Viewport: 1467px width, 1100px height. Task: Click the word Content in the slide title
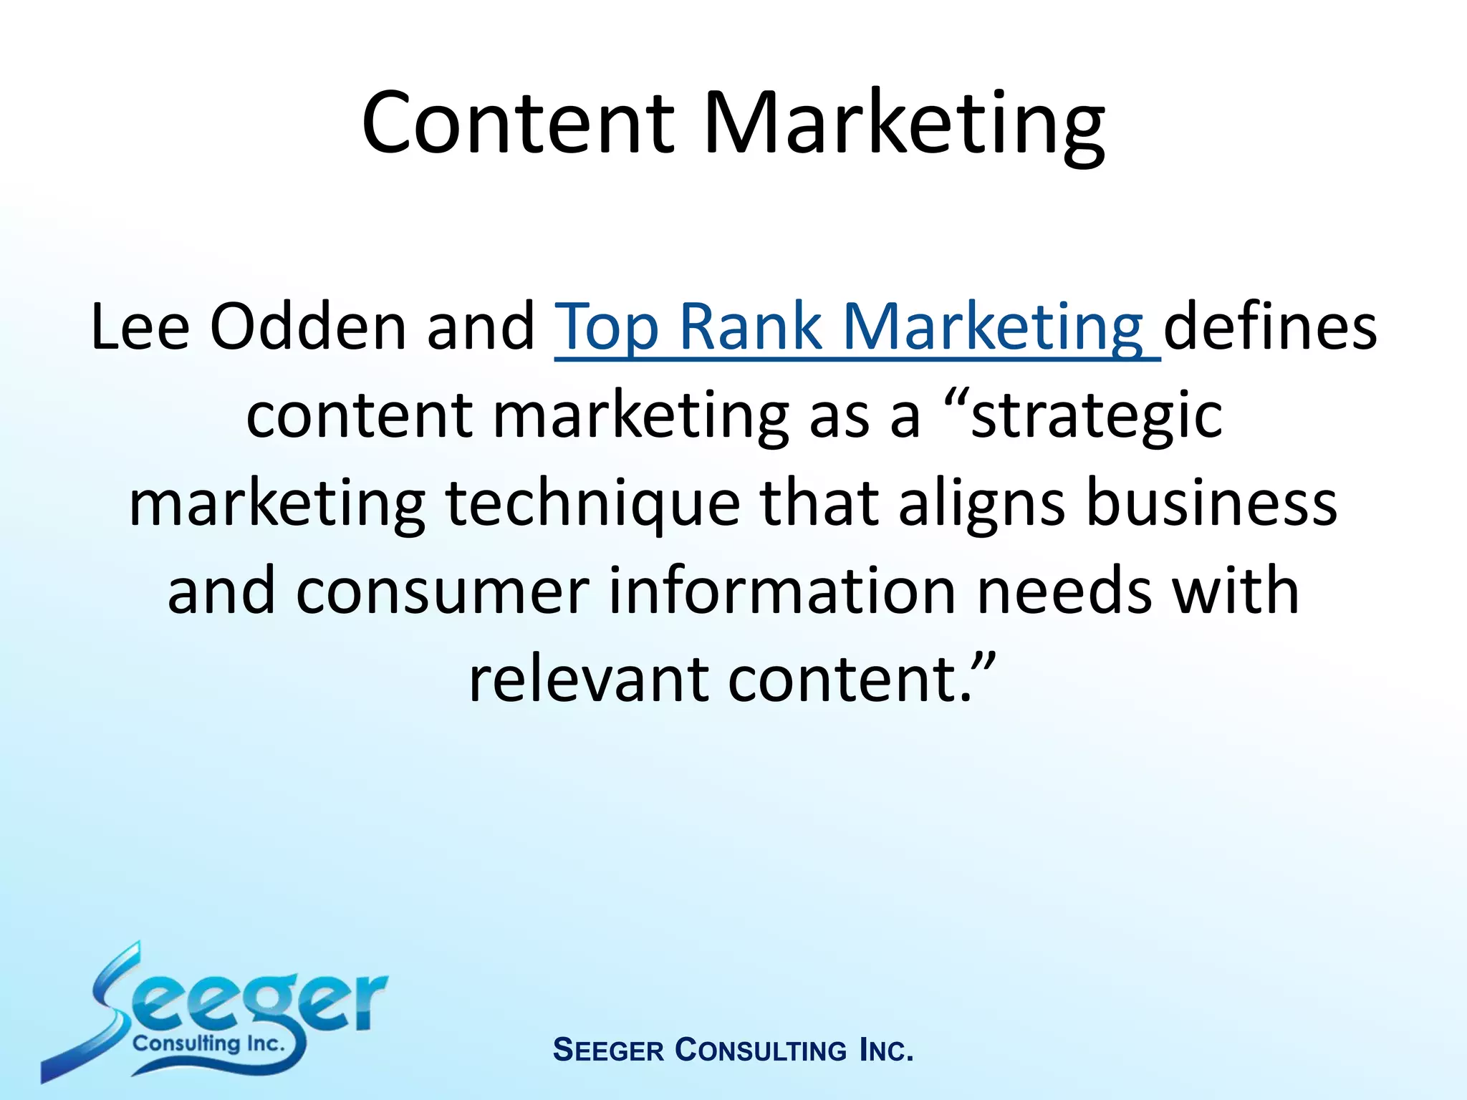(x=518, y=123)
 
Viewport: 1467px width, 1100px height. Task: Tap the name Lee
(x=140, y=327)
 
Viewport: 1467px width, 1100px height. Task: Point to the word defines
(x=1269, y=327)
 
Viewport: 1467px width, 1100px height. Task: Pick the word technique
(x=592, y=503)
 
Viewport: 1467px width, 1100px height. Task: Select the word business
(x=1211, y=503)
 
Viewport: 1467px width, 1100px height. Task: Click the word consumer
(x=442, y=592)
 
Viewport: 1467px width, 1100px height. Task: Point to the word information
(x=782, y=592)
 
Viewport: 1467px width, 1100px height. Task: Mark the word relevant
(x=588, y=680)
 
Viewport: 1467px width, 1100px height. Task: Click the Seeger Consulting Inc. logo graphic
(x=215, y=1013)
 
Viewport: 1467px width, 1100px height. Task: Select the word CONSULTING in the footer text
(x=761, y=1051)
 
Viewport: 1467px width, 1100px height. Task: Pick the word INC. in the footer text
(x=886, y=1051)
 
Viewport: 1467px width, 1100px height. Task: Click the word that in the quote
(x=819, y=503)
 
